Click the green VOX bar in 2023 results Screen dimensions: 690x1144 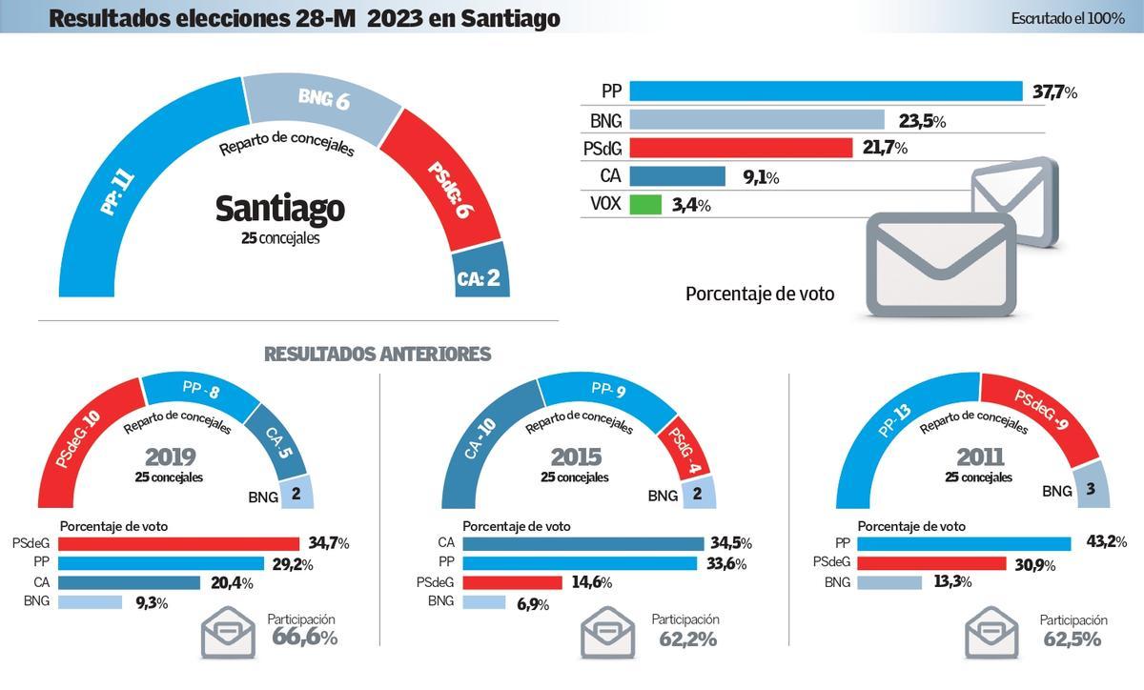[x=645, y=205]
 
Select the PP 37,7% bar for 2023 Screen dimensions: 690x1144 [x=826, y=91]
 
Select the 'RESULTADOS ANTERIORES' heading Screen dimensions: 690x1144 [x=378, y=355]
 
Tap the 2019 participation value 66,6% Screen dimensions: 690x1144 [x=304, y=639]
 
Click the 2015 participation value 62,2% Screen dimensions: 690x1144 [x=687, y=639]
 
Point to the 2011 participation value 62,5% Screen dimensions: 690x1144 [x=1072, y=639]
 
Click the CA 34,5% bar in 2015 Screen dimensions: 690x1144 [x=582, y=544]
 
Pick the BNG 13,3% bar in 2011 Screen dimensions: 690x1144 [x=889, y=582]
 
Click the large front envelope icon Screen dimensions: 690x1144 [x=940, y=264]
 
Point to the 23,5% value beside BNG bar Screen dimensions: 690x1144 [x=921, y=121]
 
